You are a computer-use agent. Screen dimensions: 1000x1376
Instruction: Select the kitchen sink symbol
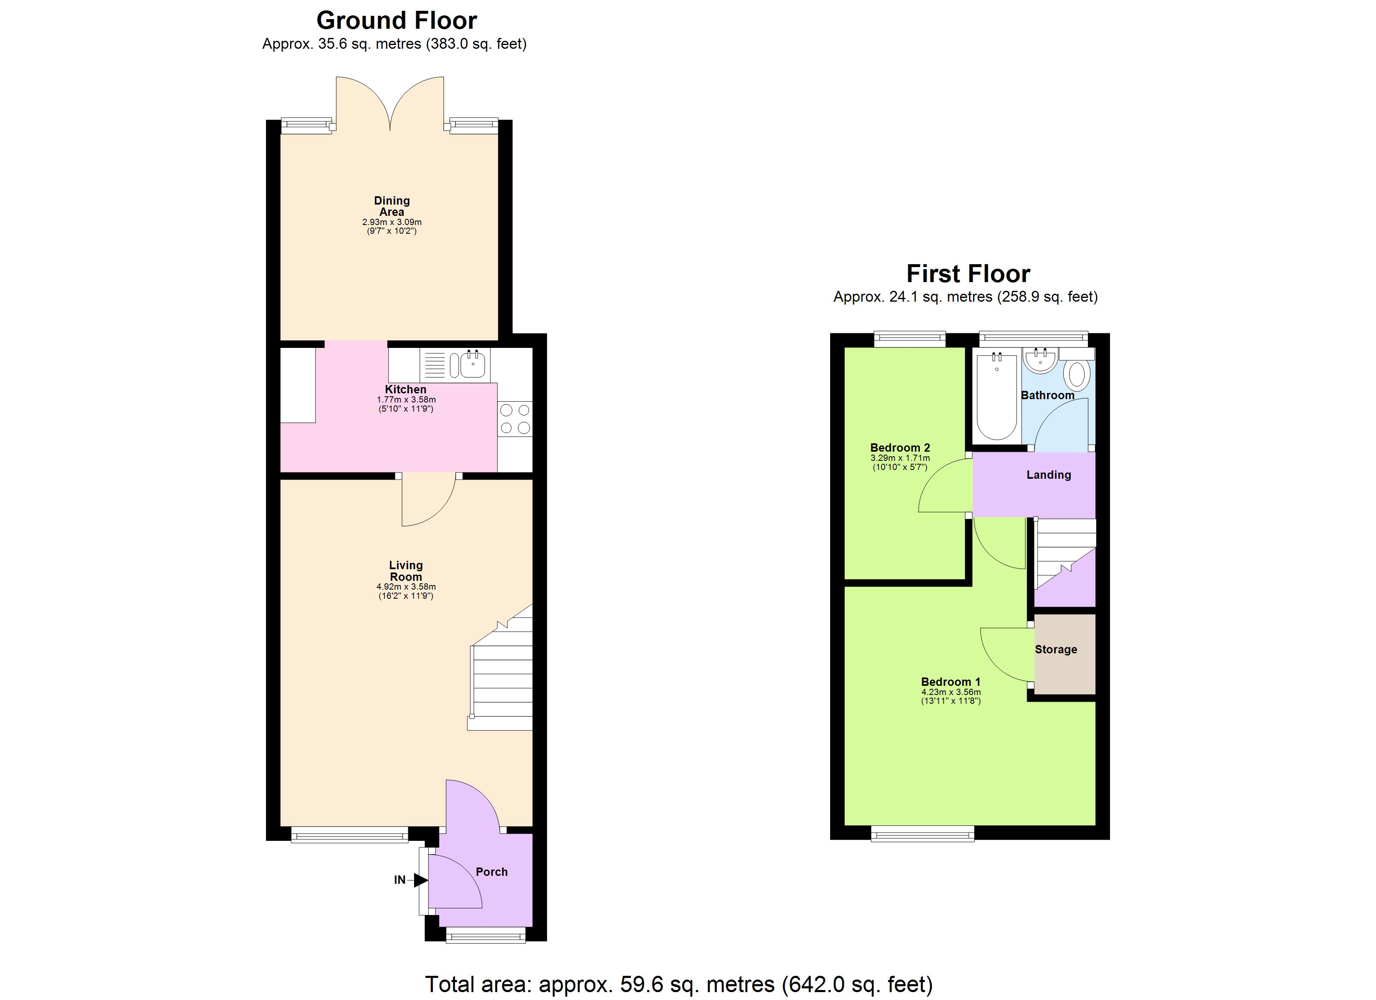pyautogui.click(x=472, y=365)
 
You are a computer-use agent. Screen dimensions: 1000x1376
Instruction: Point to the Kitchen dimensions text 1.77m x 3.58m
pyautogui.click(x=406, y=400)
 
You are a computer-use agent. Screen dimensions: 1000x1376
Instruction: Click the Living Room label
pyautogui.click(x=405, y=571)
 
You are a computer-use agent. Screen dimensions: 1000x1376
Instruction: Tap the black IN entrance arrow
pyautogui.click(x=420, y=880)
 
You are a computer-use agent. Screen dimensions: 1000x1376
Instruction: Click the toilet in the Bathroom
pyautogui.click(x=1077, y=375)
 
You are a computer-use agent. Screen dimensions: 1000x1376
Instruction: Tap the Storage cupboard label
pyautogui.click(x=1056, y=650)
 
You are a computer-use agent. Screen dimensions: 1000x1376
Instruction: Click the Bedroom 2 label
pyautogui.click(x=900, y=447)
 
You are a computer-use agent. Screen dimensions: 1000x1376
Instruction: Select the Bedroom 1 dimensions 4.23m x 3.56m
pyautogui.click(x=951, y=692)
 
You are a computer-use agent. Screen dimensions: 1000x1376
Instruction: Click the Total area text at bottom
pyautogui.click(x=678, y=984)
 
